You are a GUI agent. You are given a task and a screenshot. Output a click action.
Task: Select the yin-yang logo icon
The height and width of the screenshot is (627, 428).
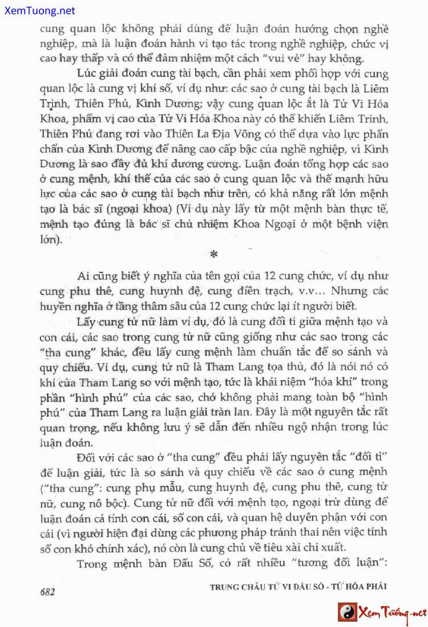(347, 613)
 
